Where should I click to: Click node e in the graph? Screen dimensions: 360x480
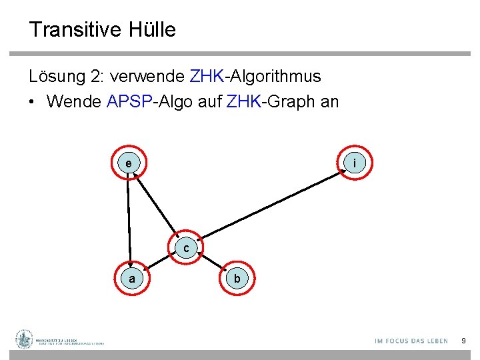(127, 163)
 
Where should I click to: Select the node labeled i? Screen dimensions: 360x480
(356, 163)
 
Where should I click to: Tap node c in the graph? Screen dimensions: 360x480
(186, 248)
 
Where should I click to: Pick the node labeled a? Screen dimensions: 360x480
(133, 279)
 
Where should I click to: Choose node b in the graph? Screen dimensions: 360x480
(237, 279)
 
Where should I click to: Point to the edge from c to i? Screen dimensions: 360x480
(273, 203)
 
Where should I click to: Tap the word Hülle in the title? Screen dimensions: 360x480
(153, 29)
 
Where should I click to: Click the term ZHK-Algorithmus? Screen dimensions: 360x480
(255, 77)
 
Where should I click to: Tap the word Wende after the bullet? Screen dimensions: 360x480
(73, 102)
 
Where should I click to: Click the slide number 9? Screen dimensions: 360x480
(463, 341)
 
